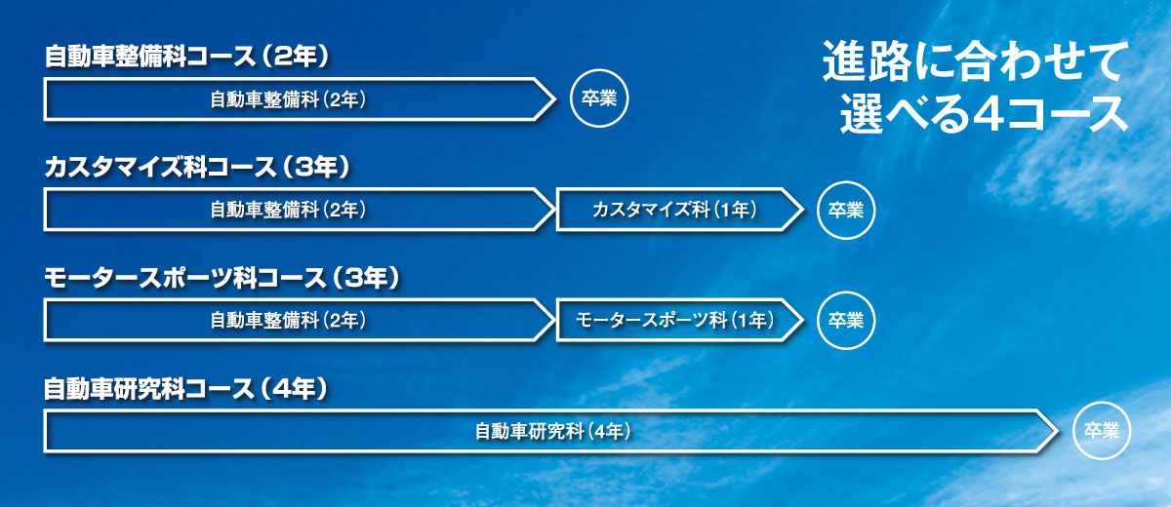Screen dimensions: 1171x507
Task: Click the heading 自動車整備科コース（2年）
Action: pyautogui.click(x=186, y=56)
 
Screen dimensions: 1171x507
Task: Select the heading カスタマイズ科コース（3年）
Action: pyautogui.click(x=197, y=167)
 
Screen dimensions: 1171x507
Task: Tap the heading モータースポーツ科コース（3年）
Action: pyautogui.click(x=222, y=278)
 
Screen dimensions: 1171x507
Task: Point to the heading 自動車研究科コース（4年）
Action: pyautogui.click(x=185, y=389)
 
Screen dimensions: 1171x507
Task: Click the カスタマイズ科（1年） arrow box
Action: pyautogui.click(x=680, y=210)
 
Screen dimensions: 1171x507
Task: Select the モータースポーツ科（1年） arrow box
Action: pyautogui.click(x=680, y=320)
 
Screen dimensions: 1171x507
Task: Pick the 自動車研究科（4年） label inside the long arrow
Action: pyautogui.click(x=553, y=431)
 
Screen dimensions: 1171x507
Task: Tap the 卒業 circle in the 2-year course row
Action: pyautogui.click(x=599, y=98)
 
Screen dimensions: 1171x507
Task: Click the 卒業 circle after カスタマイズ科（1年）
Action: pyautogui.click(x=846, y=210)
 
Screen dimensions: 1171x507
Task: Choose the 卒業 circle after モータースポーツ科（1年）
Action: pyautogui.click(x=846, y=320)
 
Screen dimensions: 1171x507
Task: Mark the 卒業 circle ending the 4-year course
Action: pyautogui.click(x=1102, y=431)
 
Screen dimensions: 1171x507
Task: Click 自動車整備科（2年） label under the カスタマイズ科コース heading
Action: pyautogui.click(x=288, y=210)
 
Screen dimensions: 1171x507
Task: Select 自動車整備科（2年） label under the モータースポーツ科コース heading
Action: pyautogui.click(x=288, y=320)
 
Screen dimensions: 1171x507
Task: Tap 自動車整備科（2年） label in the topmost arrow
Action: pyautogui.click(x=288, y=99)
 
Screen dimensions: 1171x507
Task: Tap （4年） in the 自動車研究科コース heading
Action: pyautogui.click(x=295, y=389)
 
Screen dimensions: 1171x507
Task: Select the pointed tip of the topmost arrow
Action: pyautogui.click(x=555, y=99)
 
